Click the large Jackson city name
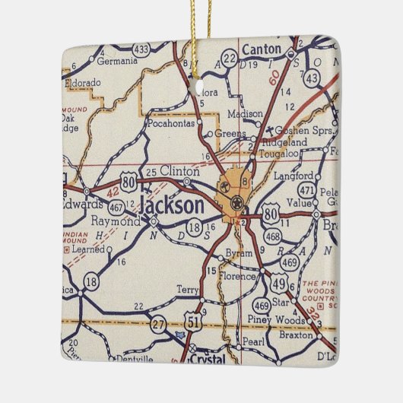point(172,205)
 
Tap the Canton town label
point(262,50)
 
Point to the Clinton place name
point(174,173)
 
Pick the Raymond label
point(115,221)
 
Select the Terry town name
point(187,290)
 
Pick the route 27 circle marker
point(157,324)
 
